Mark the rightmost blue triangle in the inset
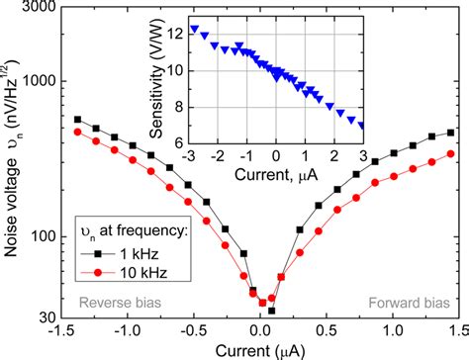coord(361,125)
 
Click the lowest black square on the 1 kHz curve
coord(272,311)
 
